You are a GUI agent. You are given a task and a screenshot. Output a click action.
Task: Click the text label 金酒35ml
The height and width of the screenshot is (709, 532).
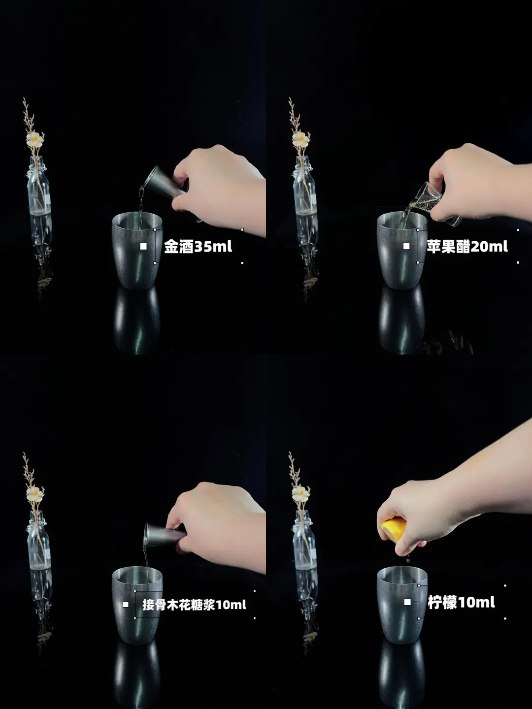(198, 247)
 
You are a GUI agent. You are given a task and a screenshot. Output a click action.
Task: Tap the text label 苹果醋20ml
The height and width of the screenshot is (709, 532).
(467, 247)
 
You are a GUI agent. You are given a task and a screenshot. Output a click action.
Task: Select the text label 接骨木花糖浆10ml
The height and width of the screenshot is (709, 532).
(194, 604)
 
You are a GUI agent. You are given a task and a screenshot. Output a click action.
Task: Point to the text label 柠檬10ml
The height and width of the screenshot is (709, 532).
(461, 603)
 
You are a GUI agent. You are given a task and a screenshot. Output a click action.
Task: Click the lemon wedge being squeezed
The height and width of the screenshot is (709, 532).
(394, 530)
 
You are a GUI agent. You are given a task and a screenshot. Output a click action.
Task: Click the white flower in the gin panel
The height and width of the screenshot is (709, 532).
(35, 139)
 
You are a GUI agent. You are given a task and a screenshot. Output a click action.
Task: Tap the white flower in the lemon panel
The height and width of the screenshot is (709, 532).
(300, 493)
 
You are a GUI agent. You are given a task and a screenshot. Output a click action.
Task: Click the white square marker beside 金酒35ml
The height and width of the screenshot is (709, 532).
(143, 247)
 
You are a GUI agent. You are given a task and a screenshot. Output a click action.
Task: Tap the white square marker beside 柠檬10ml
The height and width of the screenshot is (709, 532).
(407, 602)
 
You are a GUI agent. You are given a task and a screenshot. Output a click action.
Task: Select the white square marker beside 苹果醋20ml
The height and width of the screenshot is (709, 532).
(406, 247)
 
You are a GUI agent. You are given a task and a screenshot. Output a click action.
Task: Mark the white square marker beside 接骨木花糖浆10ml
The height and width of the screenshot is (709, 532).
(126, 604)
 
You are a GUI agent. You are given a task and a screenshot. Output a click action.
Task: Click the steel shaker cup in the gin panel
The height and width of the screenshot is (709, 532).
(137, 250)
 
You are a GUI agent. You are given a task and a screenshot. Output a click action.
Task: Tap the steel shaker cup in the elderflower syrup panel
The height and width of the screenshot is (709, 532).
(137, 605)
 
